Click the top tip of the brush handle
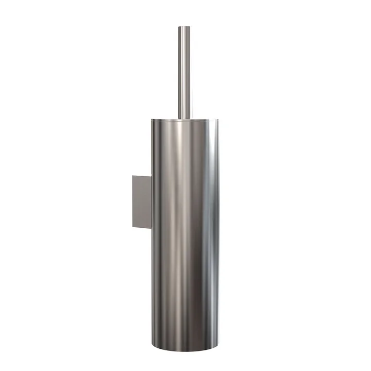click(185, 27)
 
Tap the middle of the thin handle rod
click(185, 72)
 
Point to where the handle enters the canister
click(185, 118)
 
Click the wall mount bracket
click(141, 201)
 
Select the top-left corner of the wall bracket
click(132, 176)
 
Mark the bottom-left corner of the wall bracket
click(132, 227)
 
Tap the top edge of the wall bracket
click(142, 175)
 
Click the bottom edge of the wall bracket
click(142, 228)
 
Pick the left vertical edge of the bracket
click(132, 201)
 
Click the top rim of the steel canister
click(185, 120)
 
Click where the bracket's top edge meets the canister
click(151, 175)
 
